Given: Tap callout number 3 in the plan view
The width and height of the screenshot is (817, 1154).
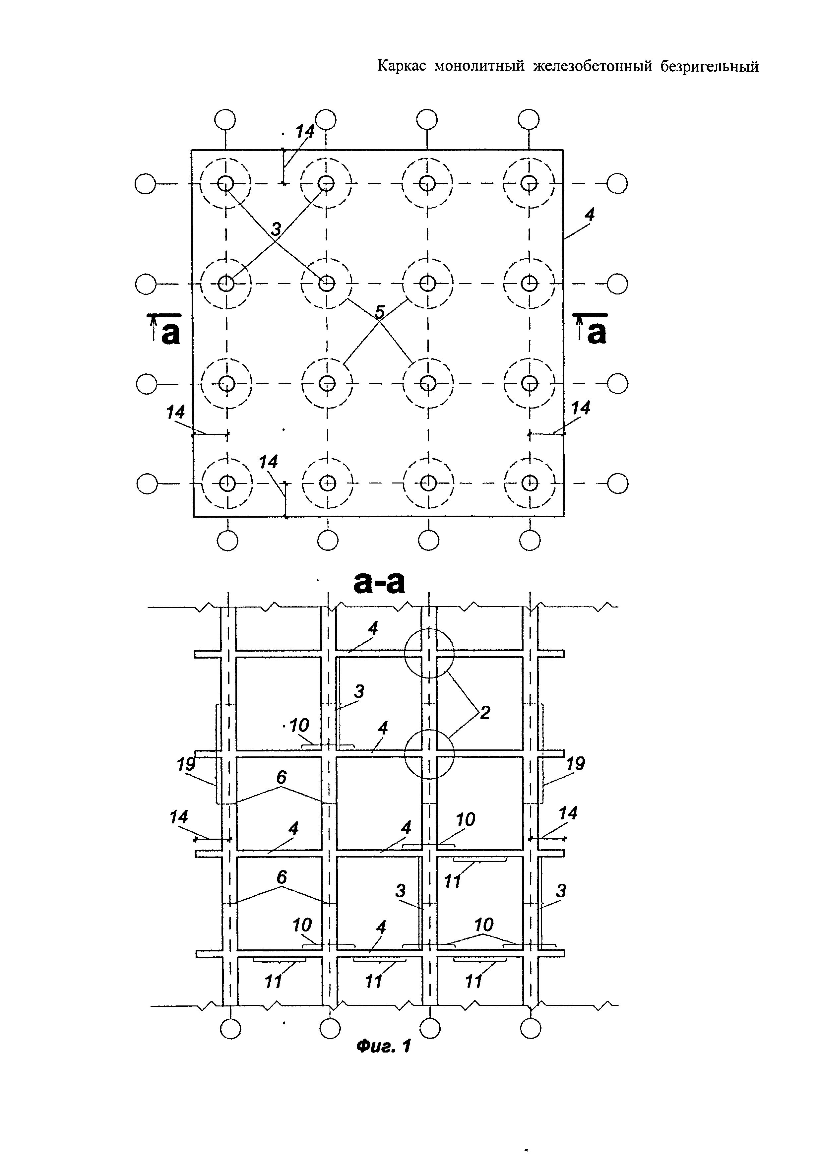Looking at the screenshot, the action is (x=276, y=229).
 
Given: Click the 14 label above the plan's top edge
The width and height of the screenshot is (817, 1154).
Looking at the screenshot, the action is (x=304, y=132).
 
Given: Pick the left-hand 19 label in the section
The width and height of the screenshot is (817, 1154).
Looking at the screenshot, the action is (x=186, y=778).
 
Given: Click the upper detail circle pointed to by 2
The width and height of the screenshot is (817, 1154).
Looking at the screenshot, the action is (x=429, y=653).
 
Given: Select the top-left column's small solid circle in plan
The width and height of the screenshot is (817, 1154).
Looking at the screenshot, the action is (x=225, y=183).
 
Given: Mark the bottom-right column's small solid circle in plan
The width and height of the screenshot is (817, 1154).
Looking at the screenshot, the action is (x=529, y=483).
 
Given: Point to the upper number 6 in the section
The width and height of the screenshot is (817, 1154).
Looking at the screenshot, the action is (x=281, y=778).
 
